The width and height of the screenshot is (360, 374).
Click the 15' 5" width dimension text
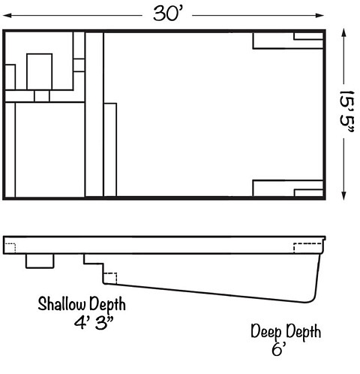click(x=346, y=111)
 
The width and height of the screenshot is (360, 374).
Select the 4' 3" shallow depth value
click(x=94, y=323)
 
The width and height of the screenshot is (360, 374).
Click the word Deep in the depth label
click(x=266, y=333)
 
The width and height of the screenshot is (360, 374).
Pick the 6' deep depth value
click(x=279, y=348)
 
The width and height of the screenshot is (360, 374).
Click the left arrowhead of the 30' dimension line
click(x=7, y=16)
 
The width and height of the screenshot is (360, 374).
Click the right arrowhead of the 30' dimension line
click(x=319, y=16)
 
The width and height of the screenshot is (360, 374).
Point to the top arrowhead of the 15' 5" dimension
click(x=344, y=33)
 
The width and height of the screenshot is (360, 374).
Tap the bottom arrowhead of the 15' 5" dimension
click(x=344, y=196)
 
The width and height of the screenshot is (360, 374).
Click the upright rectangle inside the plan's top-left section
click(x=40, y=71)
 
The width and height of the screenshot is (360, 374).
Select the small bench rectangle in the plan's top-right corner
click(x=308, y=36)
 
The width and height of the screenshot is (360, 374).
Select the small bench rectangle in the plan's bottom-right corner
click(x=309, y=193)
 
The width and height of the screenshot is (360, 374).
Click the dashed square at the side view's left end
click(x=10, y=248)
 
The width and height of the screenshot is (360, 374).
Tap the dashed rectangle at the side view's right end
click(x=307, y=248)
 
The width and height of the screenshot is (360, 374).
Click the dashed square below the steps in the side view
click(x=110, y=278)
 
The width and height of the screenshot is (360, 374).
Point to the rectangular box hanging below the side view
click(x=40, y=261)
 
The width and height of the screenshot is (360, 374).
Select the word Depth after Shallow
click(x=107, y=304)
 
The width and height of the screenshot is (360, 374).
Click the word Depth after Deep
click(x=303, y=333)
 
